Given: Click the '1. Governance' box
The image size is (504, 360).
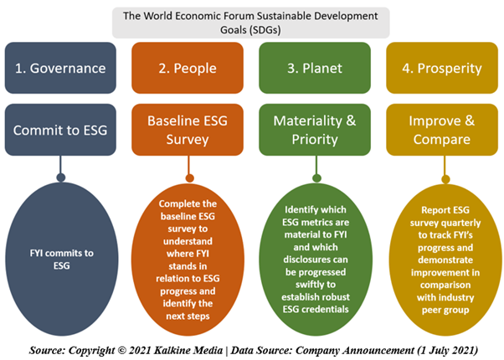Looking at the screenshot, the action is point(60,68).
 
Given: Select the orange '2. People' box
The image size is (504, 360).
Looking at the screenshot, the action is point(188,68).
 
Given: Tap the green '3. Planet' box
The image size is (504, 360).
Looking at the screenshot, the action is point(315,68).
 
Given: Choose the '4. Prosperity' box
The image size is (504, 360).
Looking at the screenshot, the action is point(442,68).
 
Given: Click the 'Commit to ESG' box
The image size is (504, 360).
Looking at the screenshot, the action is point(60,130).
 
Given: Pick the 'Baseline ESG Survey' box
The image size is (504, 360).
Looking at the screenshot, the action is point(188,130).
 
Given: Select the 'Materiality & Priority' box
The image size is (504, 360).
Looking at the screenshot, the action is point(315,130).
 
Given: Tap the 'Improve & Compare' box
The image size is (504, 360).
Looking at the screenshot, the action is point(442,130).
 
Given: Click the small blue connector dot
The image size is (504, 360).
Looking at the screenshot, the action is point(61,177).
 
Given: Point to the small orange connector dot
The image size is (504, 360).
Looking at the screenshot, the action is point(190,178).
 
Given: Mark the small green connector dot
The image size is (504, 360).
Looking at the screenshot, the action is point(316,178).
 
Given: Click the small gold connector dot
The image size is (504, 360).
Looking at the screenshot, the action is point(445,179).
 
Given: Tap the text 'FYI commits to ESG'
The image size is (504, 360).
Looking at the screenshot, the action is point(61,260).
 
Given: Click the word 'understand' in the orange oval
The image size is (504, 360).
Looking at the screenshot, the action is point(188,241).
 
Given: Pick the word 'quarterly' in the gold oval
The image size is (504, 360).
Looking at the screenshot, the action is point(461,223).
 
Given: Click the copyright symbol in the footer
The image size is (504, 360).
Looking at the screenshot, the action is point(121,350).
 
